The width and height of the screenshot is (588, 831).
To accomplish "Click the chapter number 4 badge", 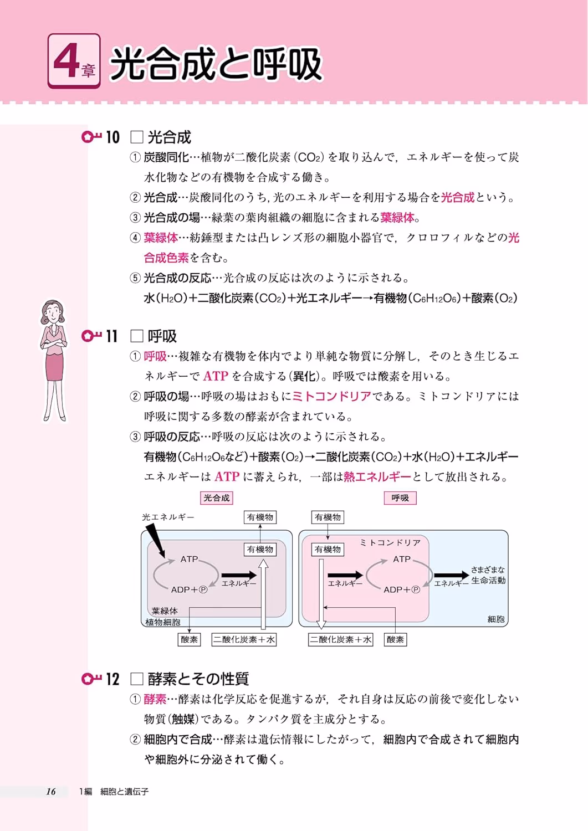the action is (74, 61).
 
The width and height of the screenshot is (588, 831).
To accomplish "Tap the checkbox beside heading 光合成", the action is (137, 137).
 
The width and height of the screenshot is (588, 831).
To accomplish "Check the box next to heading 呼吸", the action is (137, 336).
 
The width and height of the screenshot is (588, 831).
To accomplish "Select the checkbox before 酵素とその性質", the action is (137, 679).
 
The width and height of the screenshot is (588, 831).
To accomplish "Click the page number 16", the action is (51, 791).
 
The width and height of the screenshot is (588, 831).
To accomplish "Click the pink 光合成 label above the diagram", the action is (217, 498).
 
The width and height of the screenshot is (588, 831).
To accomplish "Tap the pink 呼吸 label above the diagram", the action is (400, 498).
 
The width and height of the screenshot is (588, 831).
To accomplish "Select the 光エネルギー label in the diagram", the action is (168, 517).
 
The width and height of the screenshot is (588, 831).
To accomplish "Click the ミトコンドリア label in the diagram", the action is (390, 543).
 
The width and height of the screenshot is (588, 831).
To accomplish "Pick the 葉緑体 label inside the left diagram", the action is (165, 611).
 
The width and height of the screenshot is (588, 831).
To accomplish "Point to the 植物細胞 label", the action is (162, 622).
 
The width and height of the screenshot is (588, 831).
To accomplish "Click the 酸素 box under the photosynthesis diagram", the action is (190, 639).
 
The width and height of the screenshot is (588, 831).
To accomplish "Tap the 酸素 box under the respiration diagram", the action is (395, 639).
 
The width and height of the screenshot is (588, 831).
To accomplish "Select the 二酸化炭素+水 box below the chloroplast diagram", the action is (244, 639).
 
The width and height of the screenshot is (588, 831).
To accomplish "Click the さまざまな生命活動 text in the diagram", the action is (488, 575).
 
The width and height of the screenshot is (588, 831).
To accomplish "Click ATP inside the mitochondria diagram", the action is (402, 559).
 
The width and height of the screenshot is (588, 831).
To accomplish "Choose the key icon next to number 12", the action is (91, 679).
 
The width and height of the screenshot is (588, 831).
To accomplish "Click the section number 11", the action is (112, 336).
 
